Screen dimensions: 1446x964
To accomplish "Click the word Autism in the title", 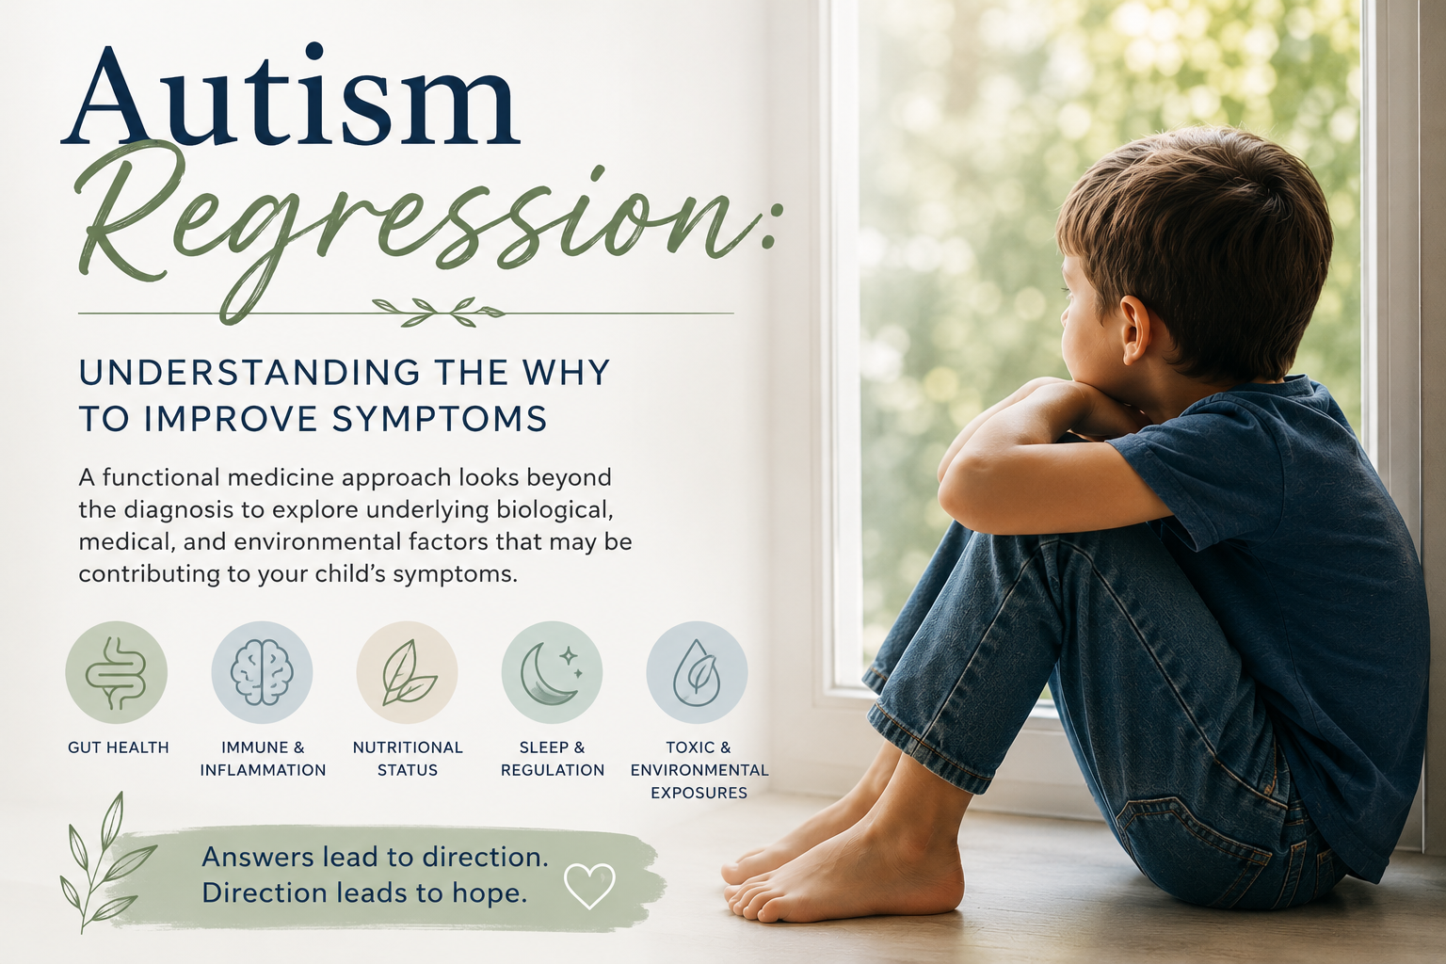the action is pyautogui.click(x=291, y=97).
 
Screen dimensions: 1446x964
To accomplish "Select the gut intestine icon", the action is pyautogui.click(x=116, y=672).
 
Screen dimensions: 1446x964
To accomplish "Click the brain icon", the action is pyautogui.click(x=262, y=672).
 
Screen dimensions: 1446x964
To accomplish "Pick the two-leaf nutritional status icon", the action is pyautogui.click(x=408, y=672).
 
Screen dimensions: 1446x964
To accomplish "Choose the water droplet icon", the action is pyautogui.click(x=697, y=672).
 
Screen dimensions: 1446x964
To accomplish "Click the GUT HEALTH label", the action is pyautogui.click(x=118, y=747).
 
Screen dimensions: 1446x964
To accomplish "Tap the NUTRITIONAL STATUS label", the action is pyautogui.click(x=408, y=759).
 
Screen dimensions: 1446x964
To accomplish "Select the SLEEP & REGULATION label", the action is pyautogui.click(x=553, y=759).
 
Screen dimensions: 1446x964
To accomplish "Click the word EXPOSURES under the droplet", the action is pyautogui.click(x=699, y=793).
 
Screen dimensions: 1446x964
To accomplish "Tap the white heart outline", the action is pyautogui.click(x=589, y=886).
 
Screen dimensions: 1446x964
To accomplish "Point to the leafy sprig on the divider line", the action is pyautogui.click(x=439, y=312).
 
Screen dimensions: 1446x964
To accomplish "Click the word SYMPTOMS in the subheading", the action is pyautogui.click(x=440, y=419).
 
